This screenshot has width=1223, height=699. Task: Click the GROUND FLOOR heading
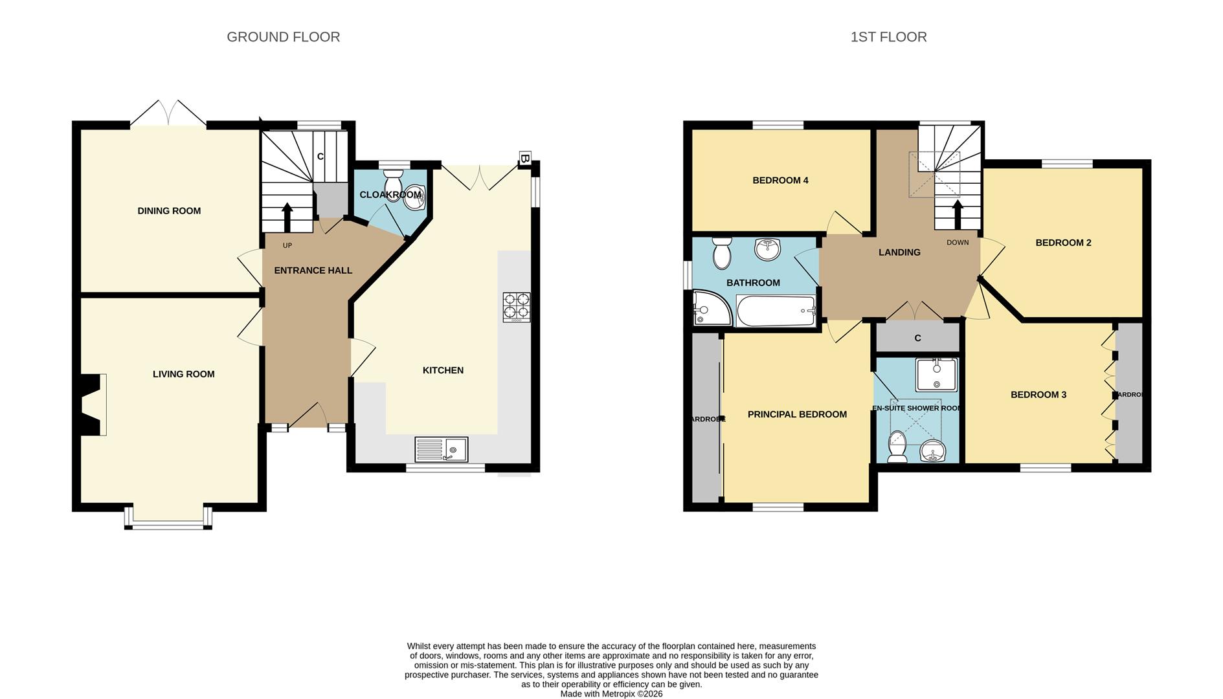pos(283,37)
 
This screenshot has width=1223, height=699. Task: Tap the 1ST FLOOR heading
pos(888,37)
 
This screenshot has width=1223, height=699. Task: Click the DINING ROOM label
pos(169,211)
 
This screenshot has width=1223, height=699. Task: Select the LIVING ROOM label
pos(183,374)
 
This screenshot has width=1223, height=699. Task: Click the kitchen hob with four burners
pos(516,307)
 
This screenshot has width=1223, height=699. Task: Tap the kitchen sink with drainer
pos(441,449)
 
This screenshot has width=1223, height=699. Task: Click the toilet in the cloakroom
pos(392,181)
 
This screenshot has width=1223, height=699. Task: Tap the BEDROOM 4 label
pos(780,181)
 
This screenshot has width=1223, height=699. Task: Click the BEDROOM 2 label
pos(1063,243)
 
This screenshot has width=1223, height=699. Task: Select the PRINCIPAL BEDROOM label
pos(797,414)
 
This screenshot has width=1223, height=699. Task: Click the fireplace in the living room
pos(91,405)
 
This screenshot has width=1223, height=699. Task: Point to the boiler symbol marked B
pos(525,159)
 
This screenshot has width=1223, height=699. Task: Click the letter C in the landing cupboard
pos(917,338)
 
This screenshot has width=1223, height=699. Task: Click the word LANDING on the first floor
pos(899,252)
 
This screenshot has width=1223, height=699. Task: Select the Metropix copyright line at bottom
pos(611,694)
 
